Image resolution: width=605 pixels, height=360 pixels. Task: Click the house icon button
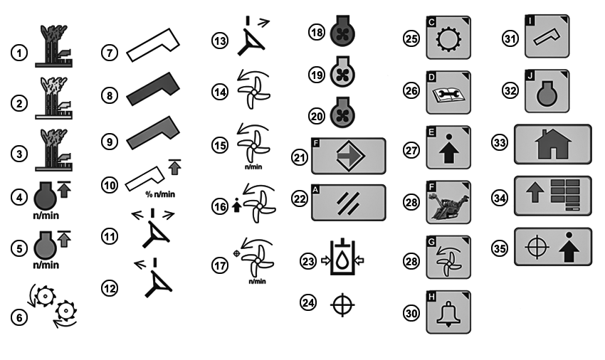coord(552,144)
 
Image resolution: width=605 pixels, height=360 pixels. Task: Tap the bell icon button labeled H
coord(448,312)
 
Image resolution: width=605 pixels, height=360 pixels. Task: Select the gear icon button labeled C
coord(448,38)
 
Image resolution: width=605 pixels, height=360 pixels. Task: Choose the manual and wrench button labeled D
coord(448,92)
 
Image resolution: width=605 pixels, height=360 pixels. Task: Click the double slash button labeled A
coord(349,203)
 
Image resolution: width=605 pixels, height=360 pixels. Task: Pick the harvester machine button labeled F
coord(448,202)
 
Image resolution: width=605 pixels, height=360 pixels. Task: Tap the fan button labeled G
coord(448,258)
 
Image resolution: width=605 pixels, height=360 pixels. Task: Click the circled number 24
coord(308,302)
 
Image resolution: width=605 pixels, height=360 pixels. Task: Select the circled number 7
coord(110,53)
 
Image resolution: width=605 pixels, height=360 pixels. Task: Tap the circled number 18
coord(317,32)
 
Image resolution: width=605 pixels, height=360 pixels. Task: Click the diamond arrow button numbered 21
coord(349,156)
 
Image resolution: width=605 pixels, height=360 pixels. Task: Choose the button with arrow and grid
coord(552,196)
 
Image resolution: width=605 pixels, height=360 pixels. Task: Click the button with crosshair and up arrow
coord(552,247)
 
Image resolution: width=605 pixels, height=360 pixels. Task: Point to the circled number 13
coord(220,41)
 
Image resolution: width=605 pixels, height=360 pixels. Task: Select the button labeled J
coord(547,91)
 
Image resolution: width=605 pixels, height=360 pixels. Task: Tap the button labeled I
coord(547,36)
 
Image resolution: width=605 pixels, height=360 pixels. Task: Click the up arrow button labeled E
coord(448,147)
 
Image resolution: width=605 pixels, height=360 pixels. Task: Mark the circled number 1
coord(19,53)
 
